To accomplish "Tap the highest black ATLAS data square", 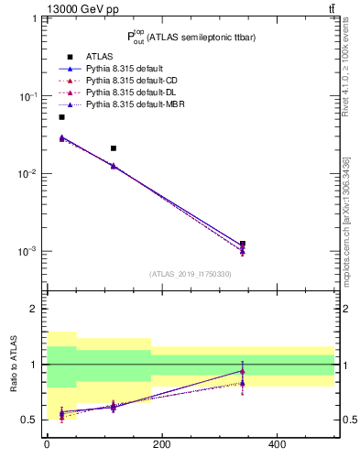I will pos(61,117).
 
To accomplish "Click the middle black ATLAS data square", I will pos(114,147).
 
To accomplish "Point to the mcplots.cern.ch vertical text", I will pos(347,220).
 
